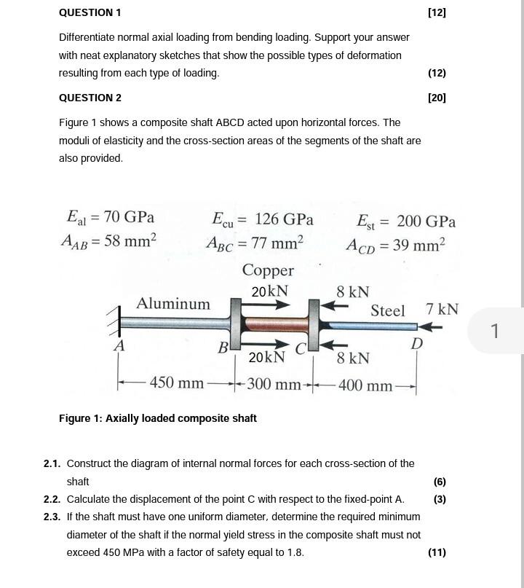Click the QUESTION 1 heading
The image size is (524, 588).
coord(90,12)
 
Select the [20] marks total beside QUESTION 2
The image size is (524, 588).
coord(437,98)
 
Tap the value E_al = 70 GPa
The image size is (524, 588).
coord(110,217)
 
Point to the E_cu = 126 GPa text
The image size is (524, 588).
coord(262,219)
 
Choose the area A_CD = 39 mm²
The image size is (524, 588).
coord(395,245)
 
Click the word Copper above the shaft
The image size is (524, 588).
coord(268,270)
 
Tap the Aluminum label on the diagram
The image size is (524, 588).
coord(173,304)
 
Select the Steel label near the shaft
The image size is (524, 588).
coord(387,311)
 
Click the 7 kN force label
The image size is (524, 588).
coord(442,309)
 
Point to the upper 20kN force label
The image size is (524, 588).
coord(269,291)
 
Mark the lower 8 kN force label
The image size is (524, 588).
coord(353,358)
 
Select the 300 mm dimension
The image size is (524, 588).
coord(274,384)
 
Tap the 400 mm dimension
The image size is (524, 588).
coord(365,385)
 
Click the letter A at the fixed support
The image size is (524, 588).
coord(119,346)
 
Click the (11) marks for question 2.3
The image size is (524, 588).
coord(437,552)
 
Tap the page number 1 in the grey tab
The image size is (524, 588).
coord(494,331)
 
